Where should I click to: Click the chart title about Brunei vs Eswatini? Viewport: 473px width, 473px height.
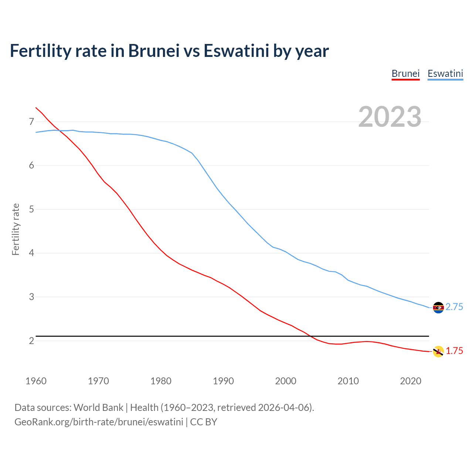click(169, 51)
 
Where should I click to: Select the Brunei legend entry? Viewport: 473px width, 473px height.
click(405, 74)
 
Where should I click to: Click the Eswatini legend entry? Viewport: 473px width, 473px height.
click(445, 74)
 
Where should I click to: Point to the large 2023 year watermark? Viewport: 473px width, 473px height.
click(389, 117)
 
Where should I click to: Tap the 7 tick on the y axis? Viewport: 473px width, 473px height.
click(31, 122)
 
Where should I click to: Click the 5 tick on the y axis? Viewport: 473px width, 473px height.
click(31, 210)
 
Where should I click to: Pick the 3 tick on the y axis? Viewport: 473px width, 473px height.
click(31, 297)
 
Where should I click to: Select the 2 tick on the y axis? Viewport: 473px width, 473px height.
click(31, 341)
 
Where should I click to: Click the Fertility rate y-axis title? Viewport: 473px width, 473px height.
click(16, 229)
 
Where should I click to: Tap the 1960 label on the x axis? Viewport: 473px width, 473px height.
click(36, 381)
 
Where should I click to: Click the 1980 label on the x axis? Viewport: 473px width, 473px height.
click(161, 381)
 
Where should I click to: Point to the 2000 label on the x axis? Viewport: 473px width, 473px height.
click(286, 381)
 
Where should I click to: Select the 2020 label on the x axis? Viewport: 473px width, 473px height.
click(411, 381)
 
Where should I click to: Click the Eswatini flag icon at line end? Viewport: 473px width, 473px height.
click(438, 307)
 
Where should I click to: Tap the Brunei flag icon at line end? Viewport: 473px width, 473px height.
click(438, 351)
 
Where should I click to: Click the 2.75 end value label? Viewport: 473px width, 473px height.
click(454, 307)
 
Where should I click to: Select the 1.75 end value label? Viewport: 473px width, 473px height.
click(454, 351)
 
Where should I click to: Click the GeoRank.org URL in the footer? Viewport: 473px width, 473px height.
click(99, 422)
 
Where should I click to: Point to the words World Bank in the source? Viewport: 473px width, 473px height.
click(98, 408)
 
